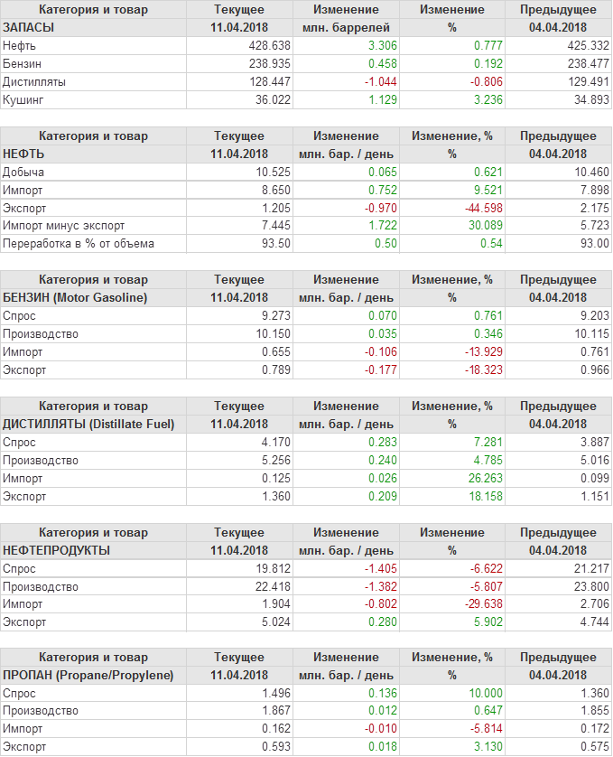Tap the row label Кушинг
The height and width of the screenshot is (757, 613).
pos(23,99)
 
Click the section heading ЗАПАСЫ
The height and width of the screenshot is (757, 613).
pos(29,27)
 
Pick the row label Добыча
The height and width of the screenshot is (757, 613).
pos(23,172)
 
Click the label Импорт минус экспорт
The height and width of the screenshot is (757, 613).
pos(64,226)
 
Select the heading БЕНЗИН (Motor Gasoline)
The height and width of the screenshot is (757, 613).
pos(75,297)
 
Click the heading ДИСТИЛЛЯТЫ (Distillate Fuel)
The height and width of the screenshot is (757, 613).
pos(88,424)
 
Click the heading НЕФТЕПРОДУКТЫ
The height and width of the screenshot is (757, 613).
pos(57,550)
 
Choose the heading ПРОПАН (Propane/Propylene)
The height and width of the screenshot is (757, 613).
pos(88,676)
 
